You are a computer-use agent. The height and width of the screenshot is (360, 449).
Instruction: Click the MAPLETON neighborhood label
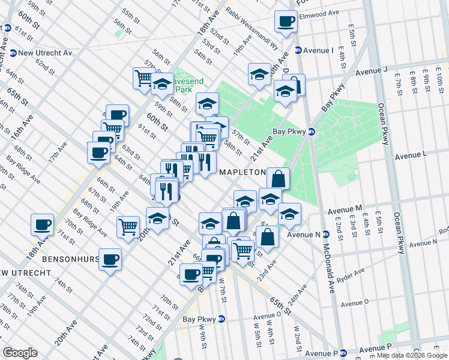(243, 172)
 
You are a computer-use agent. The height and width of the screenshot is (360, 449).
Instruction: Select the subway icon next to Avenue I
(298, 50)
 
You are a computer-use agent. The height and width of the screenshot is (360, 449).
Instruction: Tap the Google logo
(20, 353)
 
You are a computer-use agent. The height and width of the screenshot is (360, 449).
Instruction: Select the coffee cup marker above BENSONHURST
(110, 259)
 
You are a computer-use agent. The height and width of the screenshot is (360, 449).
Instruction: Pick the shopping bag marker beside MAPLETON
(279, 178)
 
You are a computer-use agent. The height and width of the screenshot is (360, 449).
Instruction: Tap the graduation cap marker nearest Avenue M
(289, 214)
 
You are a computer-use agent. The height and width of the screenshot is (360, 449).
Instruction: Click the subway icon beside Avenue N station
(326, 235)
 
